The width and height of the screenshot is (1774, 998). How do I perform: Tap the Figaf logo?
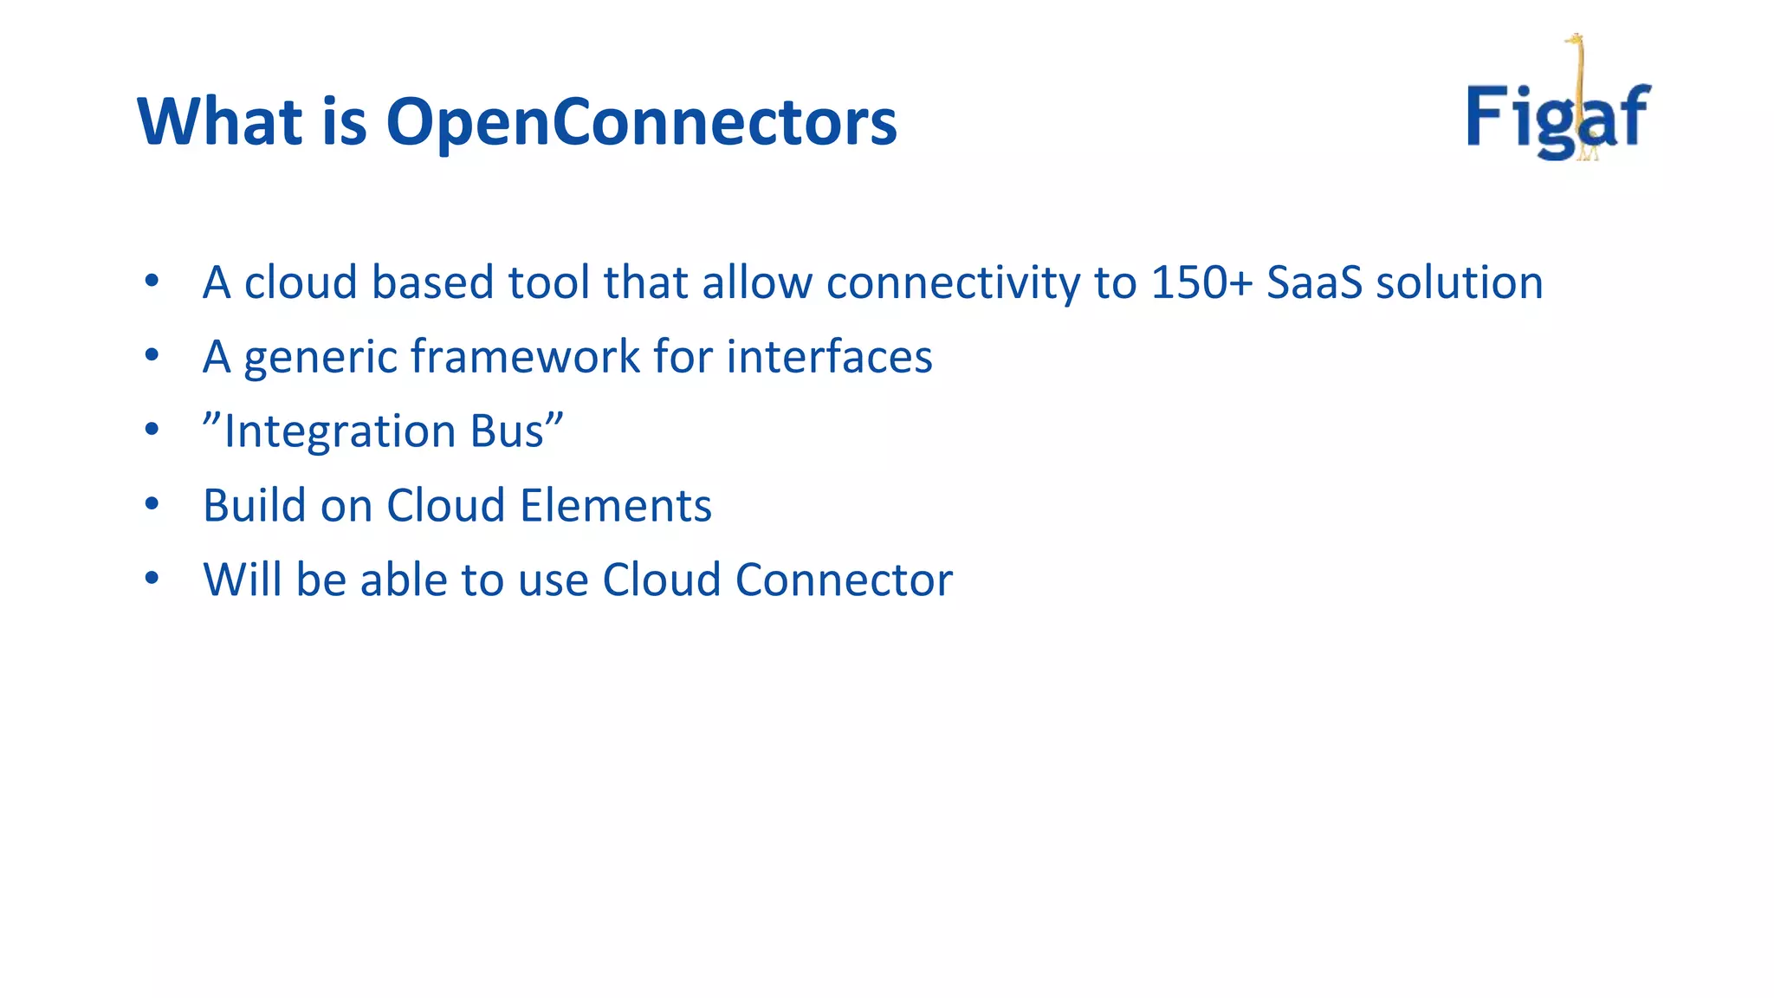click(x=1558, y=113)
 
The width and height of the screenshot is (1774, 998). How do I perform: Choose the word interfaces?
click(x=829, y=357)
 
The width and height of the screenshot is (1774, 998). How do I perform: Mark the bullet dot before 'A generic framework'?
click(x=152, y=355)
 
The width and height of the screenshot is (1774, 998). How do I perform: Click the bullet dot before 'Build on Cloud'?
click(x=152, y=504)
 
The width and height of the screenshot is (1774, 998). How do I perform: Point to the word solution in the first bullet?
click(x=1459, y=282)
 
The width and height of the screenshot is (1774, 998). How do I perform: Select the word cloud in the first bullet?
click(x=301, y=282)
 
